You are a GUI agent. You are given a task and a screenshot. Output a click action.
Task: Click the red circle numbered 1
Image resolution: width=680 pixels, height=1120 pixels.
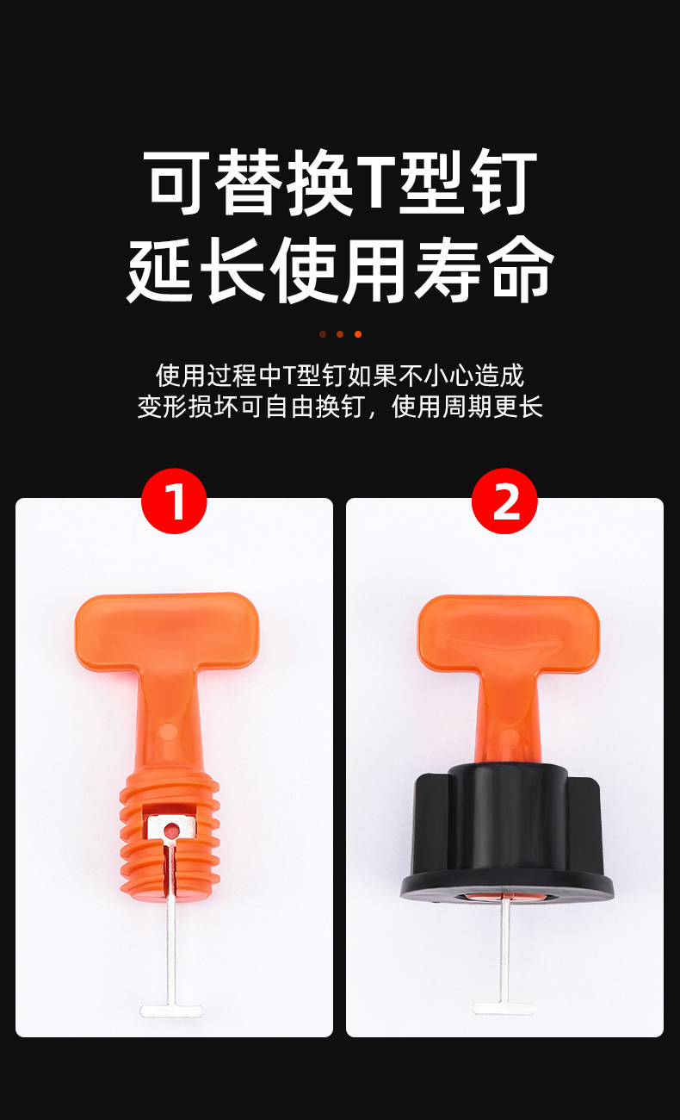point(174,501)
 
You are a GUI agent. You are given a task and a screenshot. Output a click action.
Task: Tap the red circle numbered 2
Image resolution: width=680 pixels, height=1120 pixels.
point(504,501)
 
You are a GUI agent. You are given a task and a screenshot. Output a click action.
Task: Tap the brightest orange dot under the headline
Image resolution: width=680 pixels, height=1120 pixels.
point(358,334)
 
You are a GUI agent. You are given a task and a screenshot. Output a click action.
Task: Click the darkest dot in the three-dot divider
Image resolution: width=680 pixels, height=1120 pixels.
point(323,334)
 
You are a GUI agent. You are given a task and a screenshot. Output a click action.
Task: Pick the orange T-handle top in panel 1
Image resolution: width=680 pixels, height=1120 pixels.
point(166,625)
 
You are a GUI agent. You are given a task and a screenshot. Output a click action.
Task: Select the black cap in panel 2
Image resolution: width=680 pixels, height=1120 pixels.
point(506,827)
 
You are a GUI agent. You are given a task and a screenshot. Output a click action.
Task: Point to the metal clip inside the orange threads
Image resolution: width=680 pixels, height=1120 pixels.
point(170,829)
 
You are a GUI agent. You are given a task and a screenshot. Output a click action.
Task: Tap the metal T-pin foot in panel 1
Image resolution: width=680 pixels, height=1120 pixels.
point(171,1009)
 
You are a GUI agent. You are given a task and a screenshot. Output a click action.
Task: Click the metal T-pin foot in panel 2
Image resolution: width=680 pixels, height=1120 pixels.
point(504,1005)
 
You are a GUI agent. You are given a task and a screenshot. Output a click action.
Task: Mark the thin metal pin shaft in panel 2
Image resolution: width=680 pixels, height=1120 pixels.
point(504,948)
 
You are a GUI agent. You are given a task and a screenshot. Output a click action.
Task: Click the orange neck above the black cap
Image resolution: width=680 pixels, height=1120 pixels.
point(507,724)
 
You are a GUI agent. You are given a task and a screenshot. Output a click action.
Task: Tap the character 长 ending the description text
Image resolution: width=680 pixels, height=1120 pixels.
point(530,406)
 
